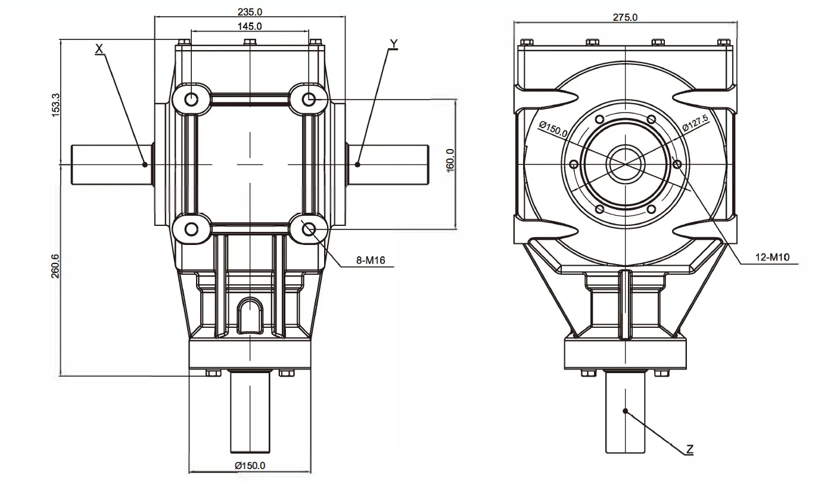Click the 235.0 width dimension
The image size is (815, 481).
click(x=250, y=11)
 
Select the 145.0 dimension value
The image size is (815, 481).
click(x=250, y=26)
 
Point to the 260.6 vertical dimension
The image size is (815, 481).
click(x=55, y=269)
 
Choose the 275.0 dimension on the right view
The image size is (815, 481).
click(x=625, y=17)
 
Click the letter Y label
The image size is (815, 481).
click(x=393, y=44)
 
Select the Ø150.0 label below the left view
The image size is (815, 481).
click(x=250, y=466)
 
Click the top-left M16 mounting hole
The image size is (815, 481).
click(x=192, y=99)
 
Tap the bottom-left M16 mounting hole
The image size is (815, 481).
click(x=191, y=229)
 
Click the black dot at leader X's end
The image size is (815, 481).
click(x=144, y=164)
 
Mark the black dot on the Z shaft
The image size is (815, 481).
click(x=626, y=411)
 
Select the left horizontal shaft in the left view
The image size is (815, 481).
click(x=110, y=164)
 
